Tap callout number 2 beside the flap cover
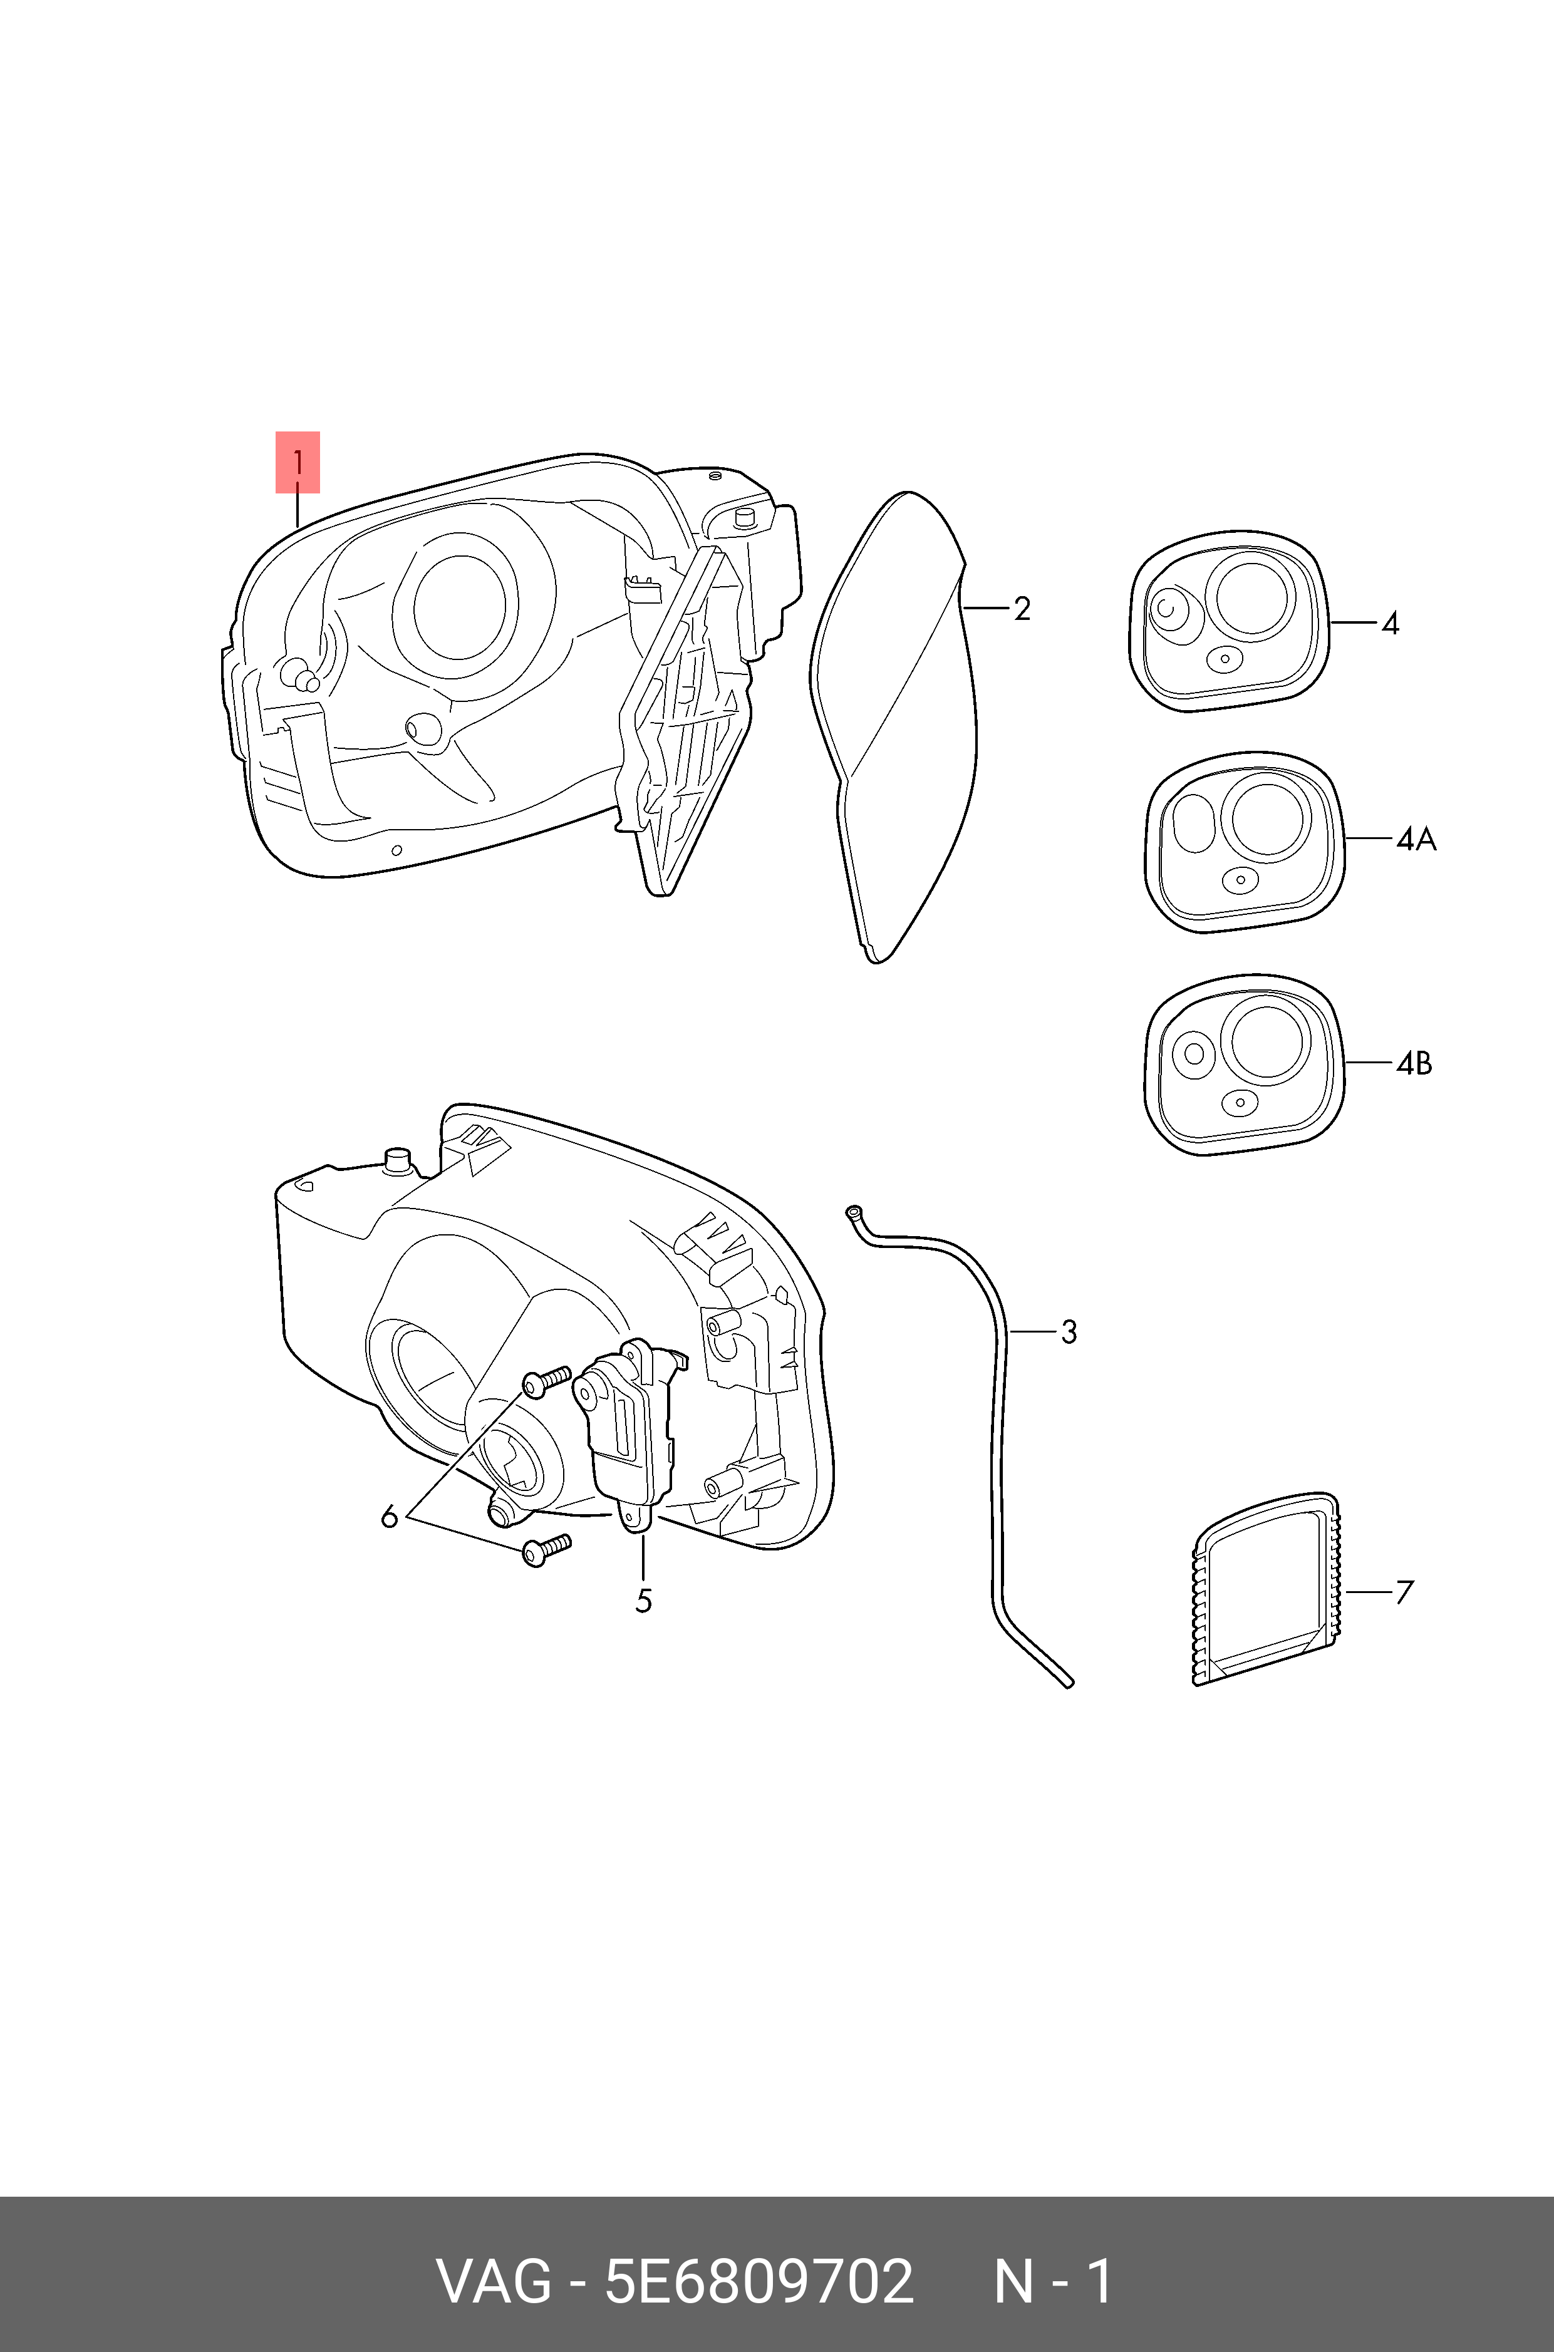(1022, 608)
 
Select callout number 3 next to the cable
(1069, 1331)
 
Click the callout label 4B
(1414, 1063)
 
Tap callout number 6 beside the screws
(390, 1516)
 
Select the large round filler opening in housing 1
(459, 604)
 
